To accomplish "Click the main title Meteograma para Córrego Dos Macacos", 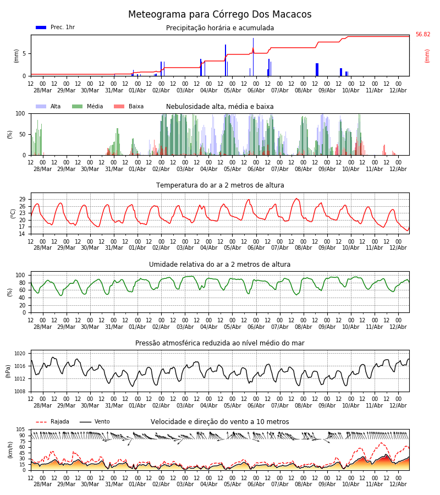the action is pos(219,14).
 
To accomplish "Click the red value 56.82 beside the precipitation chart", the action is pos(422,34).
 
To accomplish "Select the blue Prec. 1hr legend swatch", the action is pos(41,28).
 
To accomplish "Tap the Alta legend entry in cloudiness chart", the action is pos(48,106).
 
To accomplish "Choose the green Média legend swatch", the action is pos(77,106).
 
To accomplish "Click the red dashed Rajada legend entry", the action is pos(52,421).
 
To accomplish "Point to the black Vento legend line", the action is pos(85,422).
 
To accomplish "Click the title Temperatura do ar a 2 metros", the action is pos(220,185).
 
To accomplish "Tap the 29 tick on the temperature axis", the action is pos(22,199).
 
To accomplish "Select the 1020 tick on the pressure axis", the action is pos(20,354).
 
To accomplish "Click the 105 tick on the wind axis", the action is pos(20,430).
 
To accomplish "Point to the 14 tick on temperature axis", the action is pos(22,234).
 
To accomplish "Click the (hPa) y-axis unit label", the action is pos(8,371).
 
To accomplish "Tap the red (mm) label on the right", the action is pos(427,56).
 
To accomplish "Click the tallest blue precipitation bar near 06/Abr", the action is pos(253,57).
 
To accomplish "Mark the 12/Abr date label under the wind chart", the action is pos(398,484).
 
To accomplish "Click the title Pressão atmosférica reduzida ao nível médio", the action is pos(220,343).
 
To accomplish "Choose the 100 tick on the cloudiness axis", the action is pos(20,113).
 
